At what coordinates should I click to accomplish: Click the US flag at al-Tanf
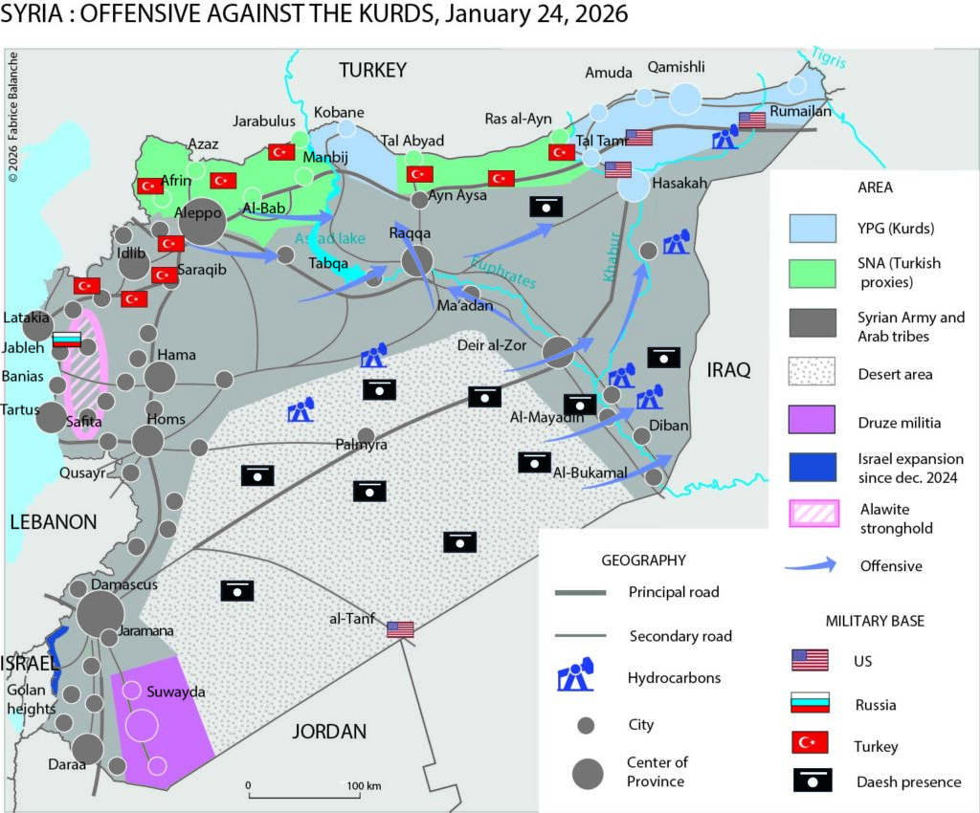[x=400, y=628]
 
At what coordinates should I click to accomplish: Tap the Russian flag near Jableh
[x=67, y=340]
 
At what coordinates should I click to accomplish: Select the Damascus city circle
[x=100, y=612]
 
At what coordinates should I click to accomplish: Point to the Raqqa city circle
[x=417, y=259]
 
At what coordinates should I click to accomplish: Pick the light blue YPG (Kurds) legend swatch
[x=813, y=229]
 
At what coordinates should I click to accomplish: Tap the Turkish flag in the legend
[x=811, y=745]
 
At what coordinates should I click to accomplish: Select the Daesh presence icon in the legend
[x=811, y=780]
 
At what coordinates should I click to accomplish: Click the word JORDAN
[x=328, y=732]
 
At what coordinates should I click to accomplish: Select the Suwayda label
[x=168, y=691]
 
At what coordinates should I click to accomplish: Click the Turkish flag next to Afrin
[x=150, y=186]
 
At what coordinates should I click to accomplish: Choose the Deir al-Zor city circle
[x=560, y=351]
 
